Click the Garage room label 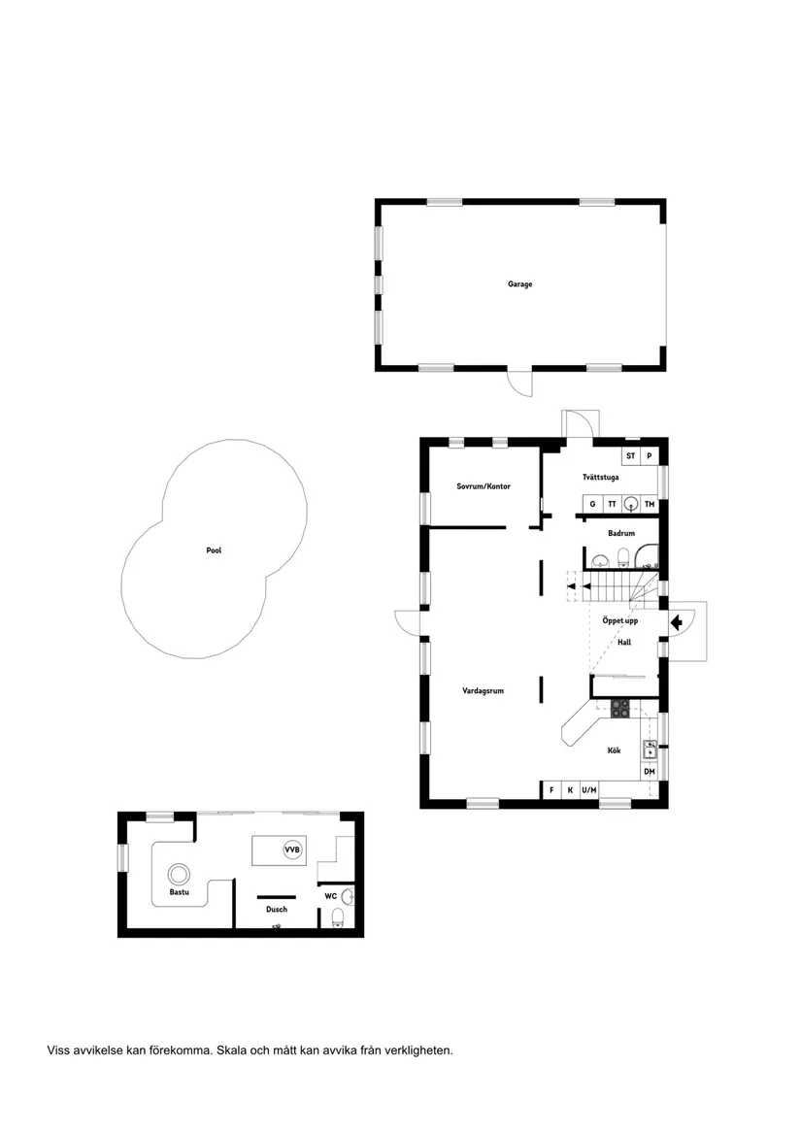[519, 284]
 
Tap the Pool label [214, 550]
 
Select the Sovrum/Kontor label [484, 486]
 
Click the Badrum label [621, 533]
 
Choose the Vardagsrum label [483, 691]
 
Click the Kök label [614, 750]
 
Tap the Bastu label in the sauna [179, 891]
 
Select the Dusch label [277, 910]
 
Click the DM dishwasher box [650, 772]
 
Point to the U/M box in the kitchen [588, 790]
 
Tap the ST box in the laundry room [630, 455]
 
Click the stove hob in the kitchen [620, 709]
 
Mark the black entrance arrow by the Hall [677, 620]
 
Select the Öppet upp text [620, 621]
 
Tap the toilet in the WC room [338, 917]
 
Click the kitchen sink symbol [650, 749]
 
